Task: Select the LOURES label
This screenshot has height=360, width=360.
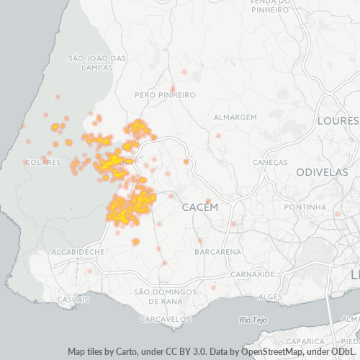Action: pos(338,120)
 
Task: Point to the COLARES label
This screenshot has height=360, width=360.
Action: pos(42,163)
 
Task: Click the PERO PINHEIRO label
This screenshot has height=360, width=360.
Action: pos(166,95)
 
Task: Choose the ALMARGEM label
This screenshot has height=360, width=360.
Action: pos(235,117)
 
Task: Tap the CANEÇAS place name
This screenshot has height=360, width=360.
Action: pos(270,163)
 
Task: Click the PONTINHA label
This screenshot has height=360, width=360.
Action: pos(305,207)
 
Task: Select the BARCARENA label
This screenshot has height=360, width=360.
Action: pos(217,252)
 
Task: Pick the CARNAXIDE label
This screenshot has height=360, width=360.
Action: pos(253,274)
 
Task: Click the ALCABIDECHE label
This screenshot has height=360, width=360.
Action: pos(78,252)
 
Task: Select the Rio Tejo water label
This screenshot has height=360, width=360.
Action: pos(253,319)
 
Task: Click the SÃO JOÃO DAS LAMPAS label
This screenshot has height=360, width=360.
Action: pos(96,63)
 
